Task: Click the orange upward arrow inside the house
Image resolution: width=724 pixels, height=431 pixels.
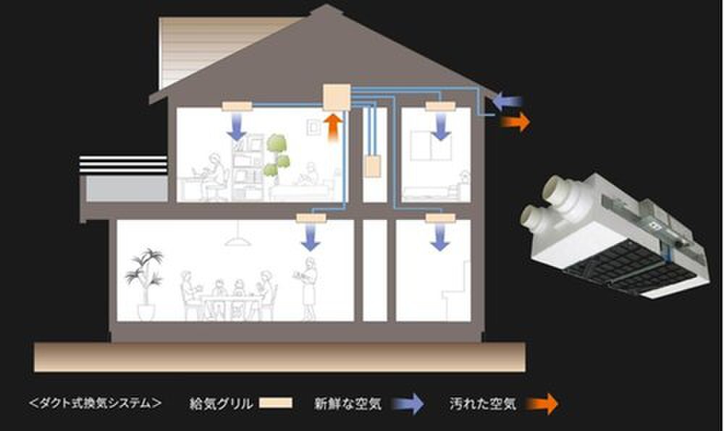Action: [333, 129]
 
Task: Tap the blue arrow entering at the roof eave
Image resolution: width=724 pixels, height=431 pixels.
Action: [507, 101]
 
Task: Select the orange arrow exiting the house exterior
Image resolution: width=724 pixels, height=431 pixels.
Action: [515, 121]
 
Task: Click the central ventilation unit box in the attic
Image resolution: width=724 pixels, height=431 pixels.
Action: [336, 97]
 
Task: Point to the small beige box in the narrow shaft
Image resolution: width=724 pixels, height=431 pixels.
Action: [372, 166]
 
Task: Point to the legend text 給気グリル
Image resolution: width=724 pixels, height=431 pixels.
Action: [221, 404]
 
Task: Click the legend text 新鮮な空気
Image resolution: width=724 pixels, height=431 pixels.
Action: [348, 404]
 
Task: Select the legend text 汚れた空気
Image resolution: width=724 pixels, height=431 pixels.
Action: [482, 404]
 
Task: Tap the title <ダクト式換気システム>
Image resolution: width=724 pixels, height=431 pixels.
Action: [95, 404]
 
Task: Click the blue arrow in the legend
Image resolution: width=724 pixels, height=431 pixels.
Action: [408, 404]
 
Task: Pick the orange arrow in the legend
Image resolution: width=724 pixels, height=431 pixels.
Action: [542, 404]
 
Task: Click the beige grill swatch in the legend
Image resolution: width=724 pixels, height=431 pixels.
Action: [276, 404]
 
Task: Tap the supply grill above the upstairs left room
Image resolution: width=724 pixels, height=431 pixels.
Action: [237, 106]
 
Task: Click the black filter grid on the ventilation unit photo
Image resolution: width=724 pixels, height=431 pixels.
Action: [631, 268]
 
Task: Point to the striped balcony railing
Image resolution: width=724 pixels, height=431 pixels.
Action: [123, 165]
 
